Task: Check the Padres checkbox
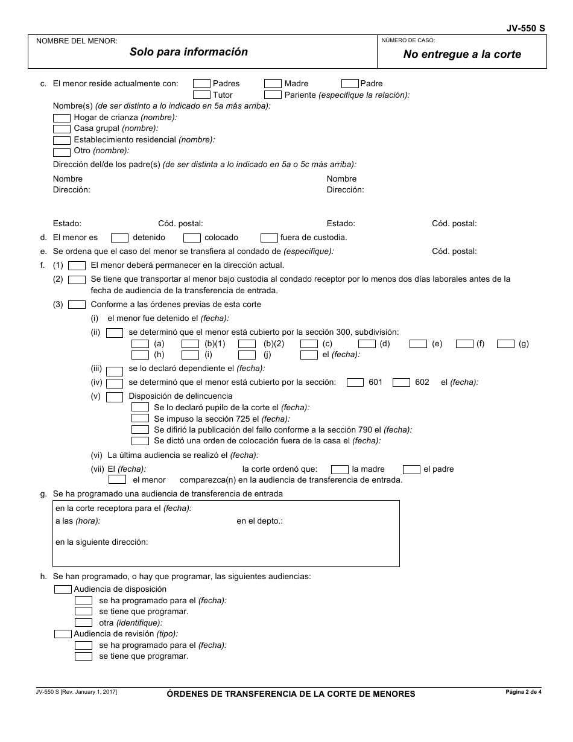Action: click(x=201, y=84)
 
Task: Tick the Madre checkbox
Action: click(x=273, y=84)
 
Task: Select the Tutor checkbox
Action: click(x=201, y=95)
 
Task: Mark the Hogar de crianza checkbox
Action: click(x=62, y=118)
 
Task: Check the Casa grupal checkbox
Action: click(x=62, y=128)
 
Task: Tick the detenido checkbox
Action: click(x=119, y=238)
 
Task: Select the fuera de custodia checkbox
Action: click(x=269, y=238)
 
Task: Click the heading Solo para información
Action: click(x=188, y=52)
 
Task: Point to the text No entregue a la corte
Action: click(x=462, y=54)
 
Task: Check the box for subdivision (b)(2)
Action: click(x=247, y=344)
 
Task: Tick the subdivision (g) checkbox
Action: click(x=505, y=344)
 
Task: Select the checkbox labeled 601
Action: click(x=355, y=382)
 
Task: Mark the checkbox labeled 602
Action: click(x=401, y=382)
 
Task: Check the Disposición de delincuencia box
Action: click(x=114, y=397)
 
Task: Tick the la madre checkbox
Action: click(x=340, y=469)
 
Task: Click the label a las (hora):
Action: click(x=78, y=521)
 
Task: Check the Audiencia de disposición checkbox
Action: click(x=63, y=589)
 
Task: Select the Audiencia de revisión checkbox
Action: click(x=63, y=634)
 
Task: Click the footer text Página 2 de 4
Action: click(x=523, y=692)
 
